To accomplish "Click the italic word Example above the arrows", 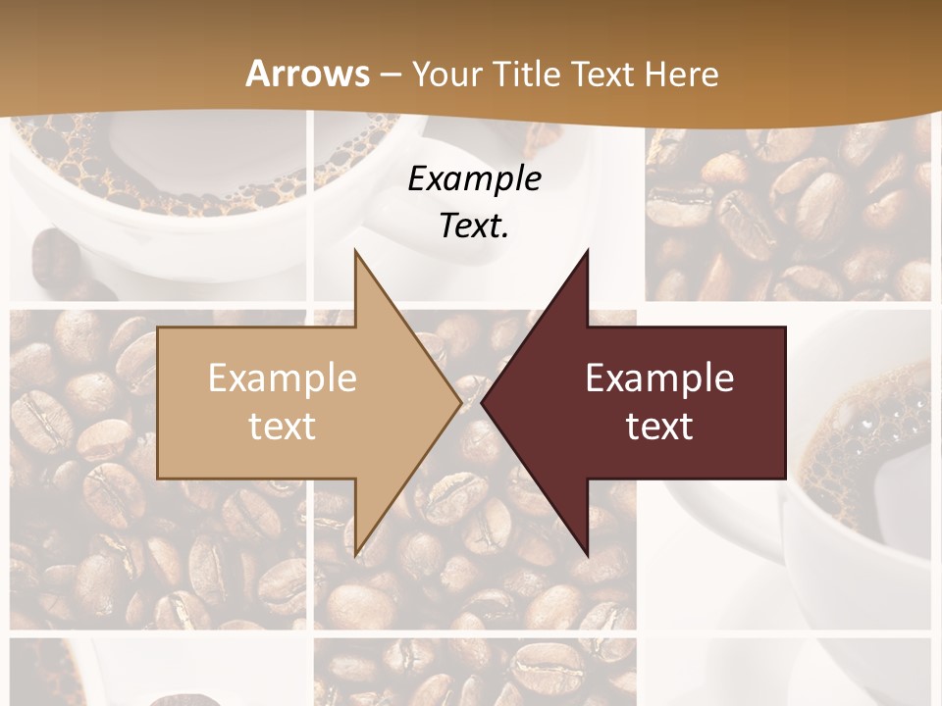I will (x=474, y=178).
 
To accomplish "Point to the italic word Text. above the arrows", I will (x=474, y=226).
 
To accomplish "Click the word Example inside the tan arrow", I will (x=283, y=378).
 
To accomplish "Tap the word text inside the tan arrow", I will (x=283, y=426).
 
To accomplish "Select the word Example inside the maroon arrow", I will (x=659, y=378).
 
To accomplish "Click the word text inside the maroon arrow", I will (x=659, y=426).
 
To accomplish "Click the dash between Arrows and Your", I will (x=390, y=75).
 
